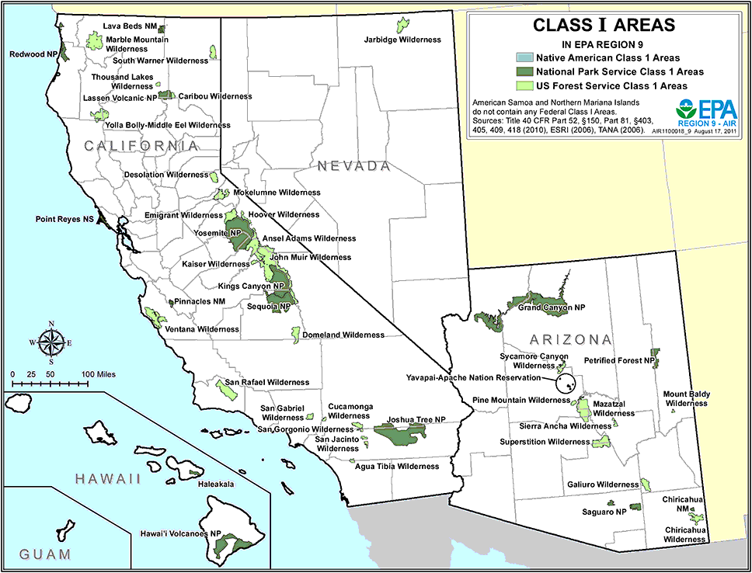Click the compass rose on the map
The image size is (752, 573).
[x=51, y=341]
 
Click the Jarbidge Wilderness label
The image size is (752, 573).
[x=402, y=40]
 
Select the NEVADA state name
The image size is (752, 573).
[x=352, y=166]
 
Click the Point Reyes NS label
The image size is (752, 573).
[x=64, y=220]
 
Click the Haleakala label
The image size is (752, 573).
[x=216, y=484]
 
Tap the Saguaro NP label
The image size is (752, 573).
[x=604, y=512]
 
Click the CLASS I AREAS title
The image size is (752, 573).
[x=603, y=25]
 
